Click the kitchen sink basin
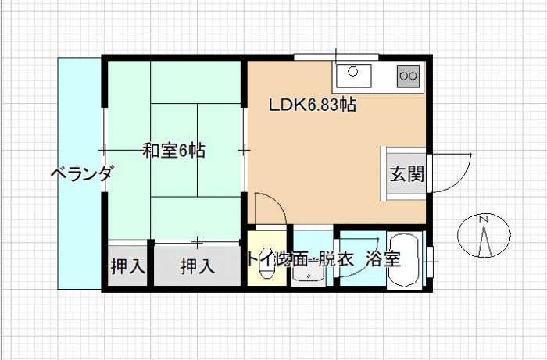coord(357,75)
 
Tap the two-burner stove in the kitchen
coord(408,75)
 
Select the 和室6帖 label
coord(173,151)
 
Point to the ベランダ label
coord(81,173)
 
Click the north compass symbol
coord(484,234)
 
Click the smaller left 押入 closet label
coord(127,266)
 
